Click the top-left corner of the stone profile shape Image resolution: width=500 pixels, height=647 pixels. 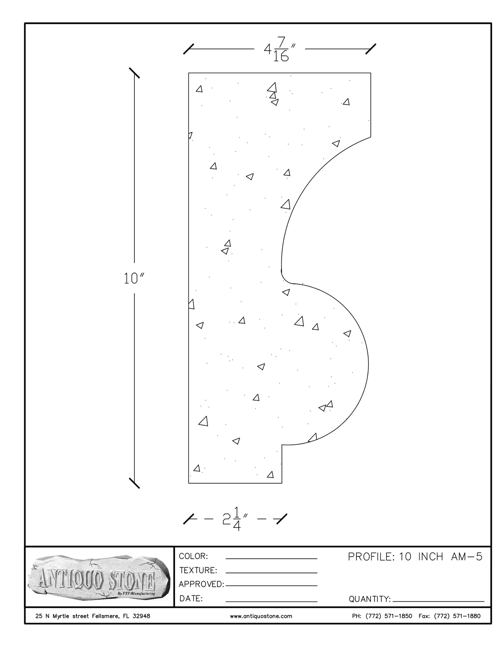pyautogui.click(x=188, y=73)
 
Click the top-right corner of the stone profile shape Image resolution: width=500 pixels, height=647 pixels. pyautogui.click(x=371, y=73)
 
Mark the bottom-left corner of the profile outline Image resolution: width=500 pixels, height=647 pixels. pyautogui.click(x=188, y=483)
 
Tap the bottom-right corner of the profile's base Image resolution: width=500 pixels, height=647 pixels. pyautogui.click(x=282, y=483)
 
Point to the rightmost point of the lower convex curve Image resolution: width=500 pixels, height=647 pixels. pyautogui.click(x=368, y=364)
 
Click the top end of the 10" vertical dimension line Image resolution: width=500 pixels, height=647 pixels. pyautogui.click(x=134, y=73)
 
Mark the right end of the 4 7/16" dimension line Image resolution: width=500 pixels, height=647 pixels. pyautogui.click(x=371, y=49)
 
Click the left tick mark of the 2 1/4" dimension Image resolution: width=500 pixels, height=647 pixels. pyautogui.click(x=189, y=519)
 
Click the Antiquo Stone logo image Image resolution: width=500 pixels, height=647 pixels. pyautogui.click(x=98, y=577)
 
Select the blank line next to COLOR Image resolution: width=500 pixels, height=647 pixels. pyautogui.click(x=272, y=559)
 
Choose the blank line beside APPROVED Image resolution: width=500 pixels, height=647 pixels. pyautogui.click(x=272, y=586)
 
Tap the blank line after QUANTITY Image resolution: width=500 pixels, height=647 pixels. pyautogui.click(x=438, y=601)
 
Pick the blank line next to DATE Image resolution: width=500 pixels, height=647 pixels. pyautogui.click(x=272, y=602)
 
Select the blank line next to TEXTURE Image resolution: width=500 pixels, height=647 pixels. pyautogui.click(x=272, y=573)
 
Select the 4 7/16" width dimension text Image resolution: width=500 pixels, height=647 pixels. pyautogui.click(x=280, y=49)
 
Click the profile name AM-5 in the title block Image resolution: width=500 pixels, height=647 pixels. pyautogui.click(x=467, y=557)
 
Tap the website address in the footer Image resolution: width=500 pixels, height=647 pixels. pyautogui.click(x=261, y=616)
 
